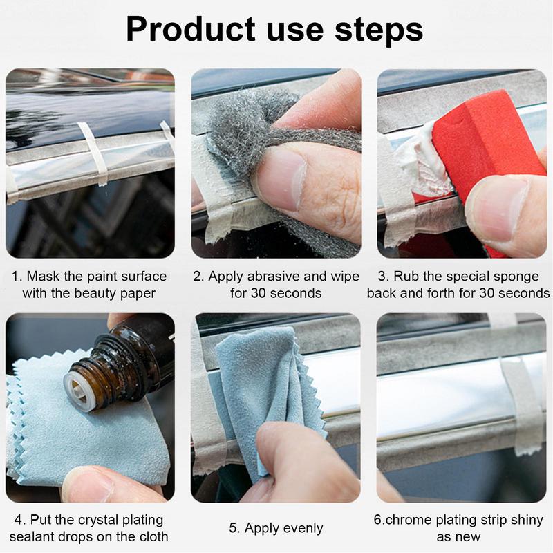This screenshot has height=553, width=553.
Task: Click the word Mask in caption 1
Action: click(42, 276)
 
